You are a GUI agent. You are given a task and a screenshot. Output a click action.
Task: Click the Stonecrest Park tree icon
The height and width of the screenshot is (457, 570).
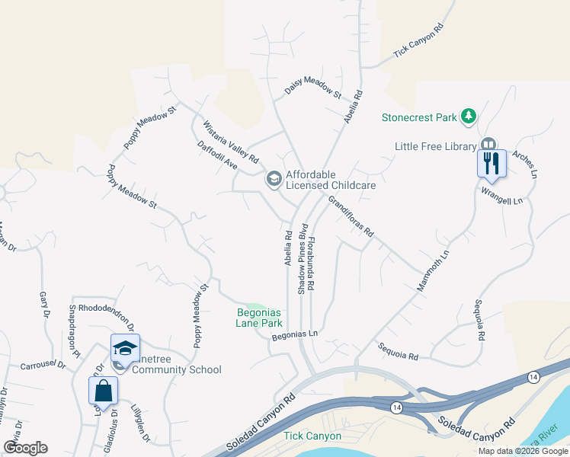[x=470, y=117]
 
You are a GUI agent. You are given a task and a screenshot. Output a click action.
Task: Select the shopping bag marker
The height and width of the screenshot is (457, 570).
[x=103, y=390]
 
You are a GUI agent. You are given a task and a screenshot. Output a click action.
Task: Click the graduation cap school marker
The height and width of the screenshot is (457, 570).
[x=125, y=348]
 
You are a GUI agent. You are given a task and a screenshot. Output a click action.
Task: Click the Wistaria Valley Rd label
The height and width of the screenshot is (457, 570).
[x=230, y=142]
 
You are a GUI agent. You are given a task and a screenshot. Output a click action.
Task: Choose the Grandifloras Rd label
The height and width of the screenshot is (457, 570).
[x=351, y=216]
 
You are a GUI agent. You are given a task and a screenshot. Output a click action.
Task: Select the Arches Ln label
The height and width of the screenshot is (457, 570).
[x=525, y=164]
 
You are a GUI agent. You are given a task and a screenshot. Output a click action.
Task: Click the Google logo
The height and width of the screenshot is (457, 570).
[x=25, y=448]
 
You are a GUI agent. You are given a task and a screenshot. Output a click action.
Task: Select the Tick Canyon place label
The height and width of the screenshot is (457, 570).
[x=312, y=436]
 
